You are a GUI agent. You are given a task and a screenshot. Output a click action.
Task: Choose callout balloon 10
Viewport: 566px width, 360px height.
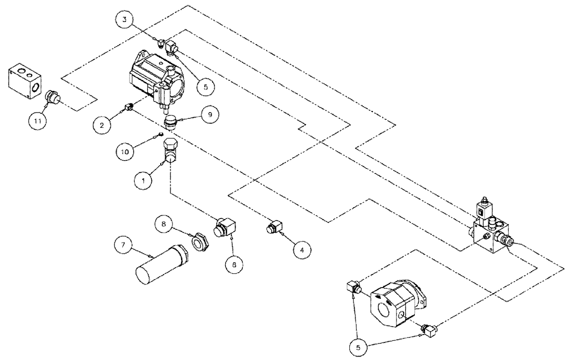tap(126, 152)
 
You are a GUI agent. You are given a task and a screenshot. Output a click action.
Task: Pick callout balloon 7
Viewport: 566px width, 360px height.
tap(123, 245)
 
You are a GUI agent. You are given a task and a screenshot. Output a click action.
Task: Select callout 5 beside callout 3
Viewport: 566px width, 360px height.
tap(205, 87)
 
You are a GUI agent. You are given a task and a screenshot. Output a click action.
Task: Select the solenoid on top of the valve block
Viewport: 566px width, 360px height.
tap(482, 211)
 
